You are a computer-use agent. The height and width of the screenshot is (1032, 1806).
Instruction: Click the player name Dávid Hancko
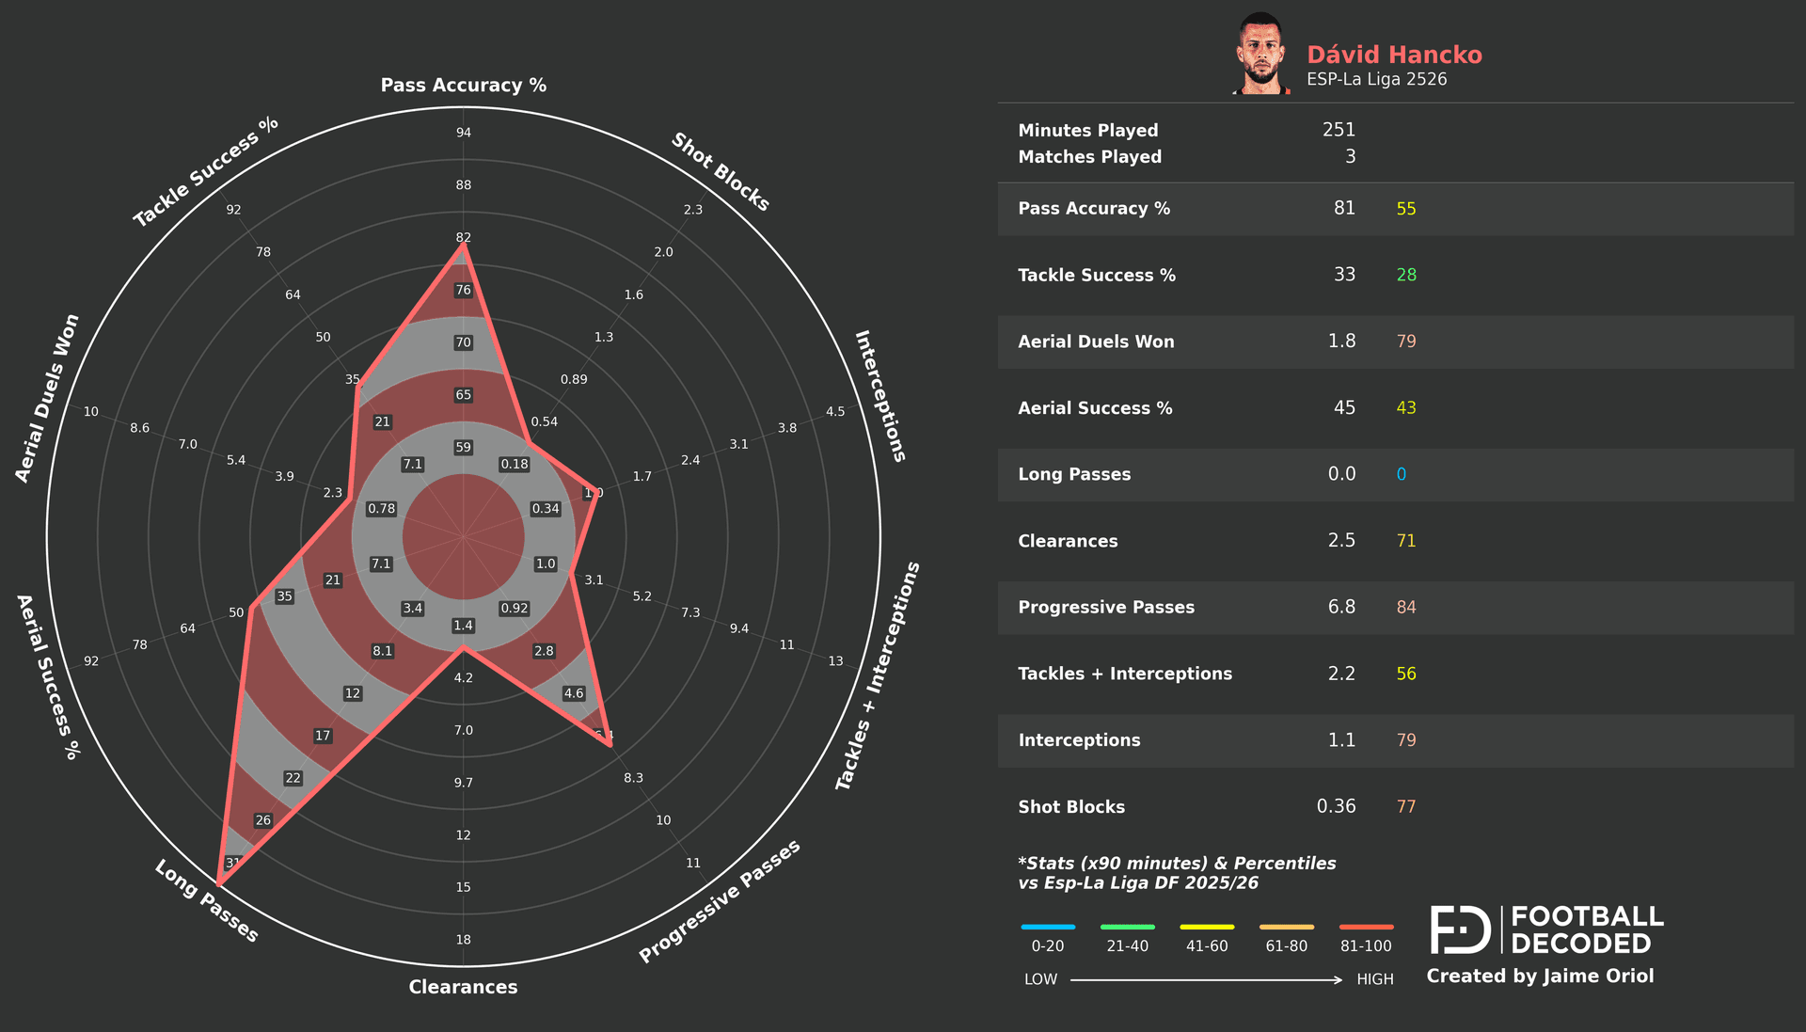1394,55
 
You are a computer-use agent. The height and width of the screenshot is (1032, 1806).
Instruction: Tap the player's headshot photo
1261,55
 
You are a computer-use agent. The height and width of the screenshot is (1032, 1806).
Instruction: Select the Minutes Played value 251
1339,130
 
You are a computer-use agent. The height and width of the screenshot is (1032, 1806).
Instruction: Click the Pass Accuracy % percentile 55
1405,209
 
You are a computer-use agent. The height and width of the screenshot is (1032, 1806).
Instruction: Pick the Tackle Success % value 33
1344,275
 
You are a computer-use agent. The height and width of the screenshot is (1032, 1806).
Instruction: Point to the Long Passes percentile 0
1401,474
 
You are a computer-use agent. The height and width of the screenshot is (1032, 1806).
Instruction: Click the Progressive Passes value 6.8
1341,607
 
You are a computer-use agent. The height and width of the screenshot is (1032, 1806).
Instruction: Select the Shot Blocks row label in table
1070,807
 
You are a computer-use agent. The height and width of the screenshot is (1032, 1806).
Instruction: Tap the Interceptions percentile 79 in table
1405,740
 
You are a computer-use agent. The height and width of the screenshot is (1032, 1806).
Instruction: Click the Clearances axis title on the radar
463,987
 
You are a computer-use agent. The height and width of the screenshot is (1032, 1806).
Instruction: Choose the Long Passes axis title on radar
206,901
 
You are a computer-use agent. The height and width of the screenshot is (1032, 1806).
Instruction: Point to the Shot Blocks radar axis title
721,171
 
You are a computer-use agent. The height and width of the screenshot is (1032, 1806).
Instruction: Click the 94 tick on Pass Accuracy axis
464,133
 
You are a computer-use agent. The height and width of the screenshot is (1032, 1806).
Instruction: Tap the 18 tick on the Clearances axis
464,940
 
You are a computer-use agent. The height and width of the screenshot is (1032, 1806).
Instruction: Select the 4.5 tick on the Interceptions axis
835,412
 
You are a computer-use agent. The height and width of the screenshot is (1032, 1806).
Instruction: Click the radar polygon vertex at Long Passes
218,884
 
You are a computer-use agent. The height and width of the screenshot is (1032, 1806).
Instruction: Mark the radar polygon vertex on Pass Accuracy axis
463,246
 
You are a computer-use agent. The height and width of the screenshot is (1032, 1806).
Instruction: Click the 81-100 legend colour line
1366,927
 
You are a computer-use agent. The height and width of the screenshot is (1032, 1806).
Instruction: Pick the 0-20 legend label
1047,946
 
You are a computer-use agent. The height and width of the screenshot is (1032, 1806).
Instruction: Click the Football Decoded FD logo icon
1460,929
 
